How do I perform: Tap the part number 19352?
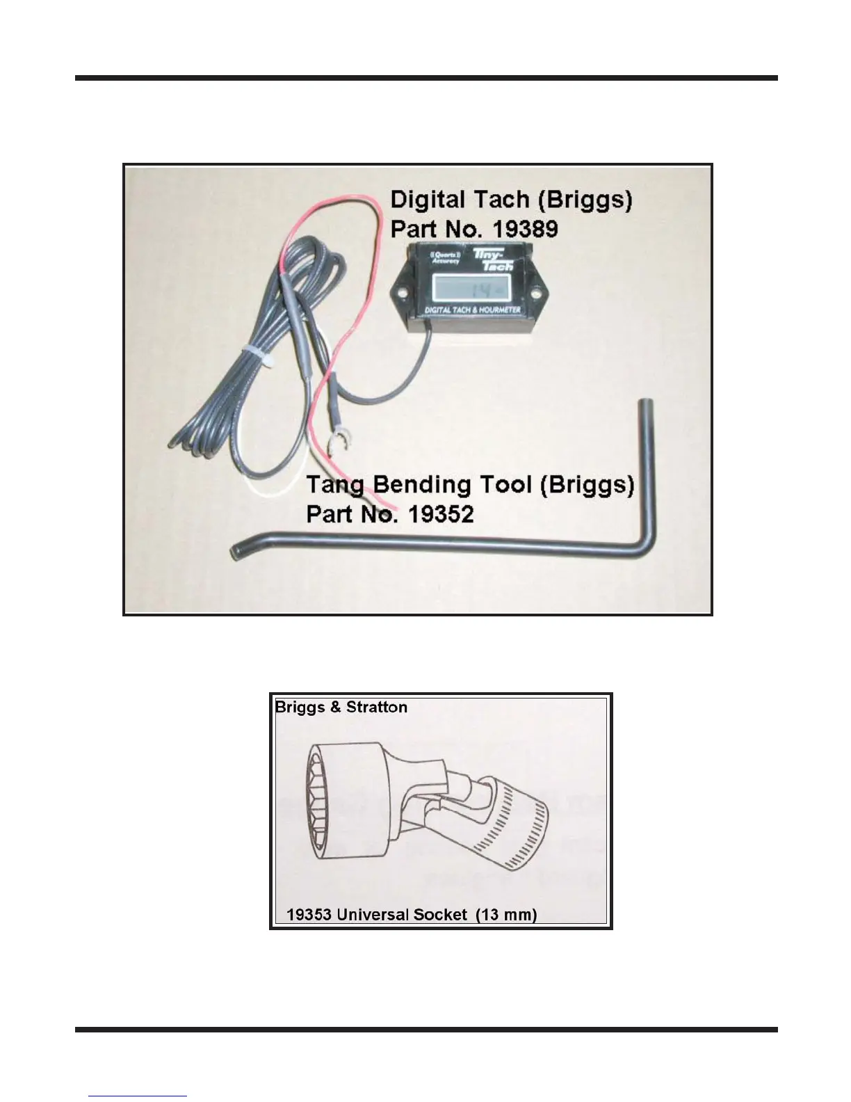(440, 514)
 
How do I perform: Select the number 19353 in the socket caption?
(309, 914)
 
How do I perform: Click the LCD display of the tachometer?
(473, 287)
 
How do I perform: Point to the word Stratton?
(376, 708)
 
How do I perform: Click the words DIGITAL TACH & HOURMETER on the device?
(473, 309)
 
